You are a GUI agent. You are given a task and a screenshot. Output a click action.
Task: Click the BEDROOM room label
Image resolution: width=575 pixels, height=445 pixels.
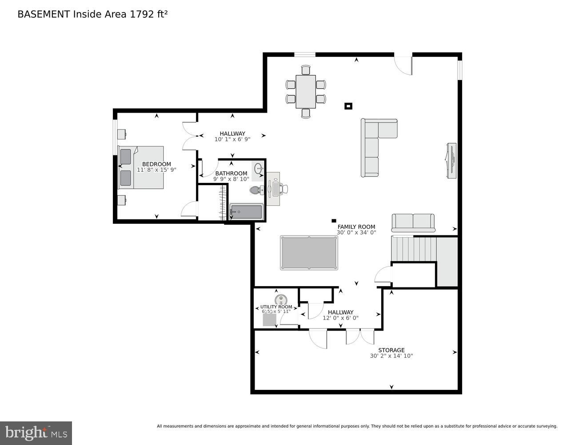(x=156, y=164)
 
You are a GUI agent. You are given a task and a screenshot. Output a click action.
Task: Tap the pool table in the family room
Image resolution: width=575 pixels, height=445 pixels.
(x=309, y=253)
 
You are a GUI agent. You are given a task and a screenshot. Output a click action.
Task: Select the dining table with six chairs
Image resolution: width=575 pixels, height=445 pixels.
(x=306, y=91)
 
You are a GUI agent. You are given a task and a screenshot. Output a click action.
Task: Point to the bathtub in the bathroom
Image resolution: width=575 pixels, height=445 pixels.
(x=246, y=212)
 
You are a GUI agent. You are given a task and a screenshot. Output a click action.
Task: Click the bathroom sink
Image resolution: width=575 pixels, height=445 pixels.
(x=258, y=169)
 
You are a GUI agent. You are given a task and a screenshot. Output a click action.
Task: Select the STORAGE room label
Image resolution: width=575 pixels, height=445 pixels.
(x=391, y=350)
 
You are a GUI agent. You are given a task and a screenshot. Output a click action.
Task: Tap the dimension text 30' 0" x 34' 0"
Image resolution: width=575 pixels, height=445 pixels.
(x=356, y=232)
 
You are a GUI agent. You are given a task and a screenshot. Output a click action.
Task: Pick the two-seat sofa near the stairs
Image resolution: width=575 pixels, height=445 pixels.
(x=413, y=222)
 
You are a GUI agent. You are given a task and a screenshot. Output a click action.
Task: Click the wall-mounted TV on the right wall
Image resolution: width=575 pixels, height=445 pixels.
(x=451, y=161)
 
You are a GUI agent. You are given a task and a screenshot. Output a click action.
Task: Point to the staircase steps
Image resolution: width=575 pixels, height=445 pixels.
(x=414, y=249)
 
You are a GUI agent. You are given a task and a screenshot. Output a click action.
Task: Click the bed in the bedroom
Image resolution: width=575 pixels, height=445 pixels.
(x=141, y=168)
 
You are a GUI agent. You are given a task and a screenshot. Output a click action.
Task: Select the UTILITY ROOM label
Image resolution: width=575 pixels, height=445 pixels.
(x=276, y=307)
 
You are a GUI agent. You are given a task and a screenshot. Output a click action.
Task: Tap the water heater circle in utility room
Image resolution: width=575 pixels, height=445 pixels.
(x=280, y=299)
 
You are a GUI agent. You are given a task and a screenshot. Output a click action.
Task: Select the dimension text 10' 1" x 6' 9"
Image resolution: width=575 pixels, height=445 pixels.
(x=232, y=139)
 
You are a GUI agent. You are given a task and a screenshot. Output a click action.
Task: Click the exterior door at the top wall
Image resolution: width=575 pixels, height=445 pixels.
(x=403, y=65)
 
